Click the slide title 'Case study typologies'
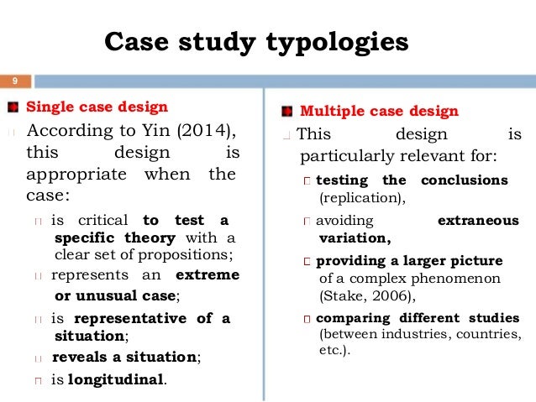tap(255, 41)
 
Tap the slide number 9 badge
tap(14, 81)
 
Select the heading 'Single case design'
tap(97, 107)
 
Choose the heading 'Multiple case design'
tap(379, 111)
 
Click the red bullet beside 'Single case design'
tap(13, 107)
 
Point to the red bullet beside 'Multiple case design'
tap(287, 111)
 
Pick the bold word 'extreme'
tap(208, 275)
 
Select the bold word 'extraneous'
tap(478, 221)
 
